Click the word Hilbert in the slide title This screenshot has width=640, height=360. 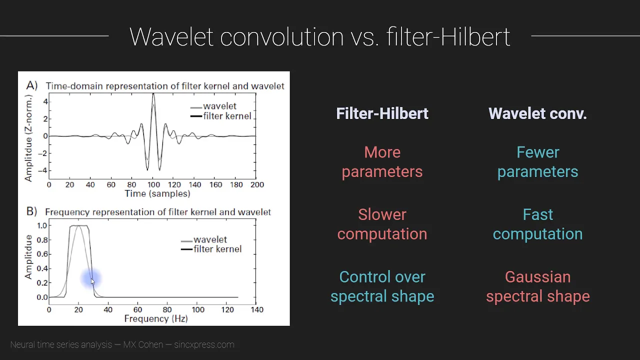[475, 37]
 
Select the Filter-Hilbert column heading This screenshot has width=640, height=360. [382, 113]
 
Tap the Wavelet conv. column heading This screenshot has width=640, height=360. [537, 113]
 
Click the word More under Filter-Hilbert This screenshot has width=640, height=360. [382, 152]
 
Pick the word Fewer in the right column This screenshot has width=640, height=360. [537, 152]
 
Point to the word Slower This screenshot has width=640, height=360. [382, 214]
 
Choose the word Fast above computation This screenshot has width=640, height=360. [537, 214]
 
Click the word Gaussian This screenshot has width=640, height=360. [537, 277]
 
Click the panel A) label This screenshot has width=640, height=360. [31, 85]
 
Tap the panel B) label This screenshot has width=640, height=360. [31, 211]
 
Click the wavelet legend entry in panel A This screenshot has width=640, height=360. [213, 106]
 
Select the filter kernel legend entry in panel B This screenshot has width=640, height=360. [211, 249]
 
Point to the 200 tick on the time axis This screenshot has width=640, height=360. [257, 184]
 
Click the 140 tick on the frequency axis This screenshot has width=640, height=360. [257, 309]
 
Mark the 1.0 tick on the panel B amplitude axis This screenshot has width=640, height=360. [42, 225]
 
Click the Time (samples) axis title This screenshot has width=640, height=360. [157, 193]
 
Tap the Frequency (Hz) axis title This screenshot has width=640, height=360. [156, 318]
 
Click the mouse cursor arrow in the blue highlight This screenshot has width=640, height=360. [92, 281]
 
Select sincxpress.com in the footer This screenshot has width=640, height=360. [204, 344]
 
